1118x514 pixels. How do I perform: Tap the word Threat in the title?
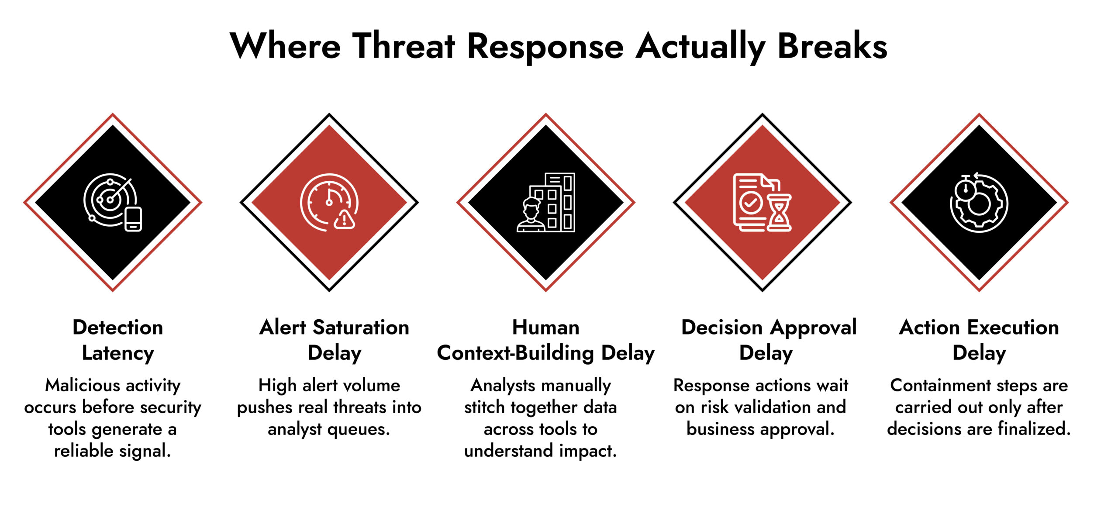(404, 46)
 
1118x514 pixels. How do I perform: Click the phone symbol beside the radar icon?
(133, 219)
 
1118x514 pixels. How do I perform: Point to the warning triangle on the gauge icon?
(345, 219)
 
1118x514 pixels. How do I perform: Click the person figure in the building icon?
(531, 215)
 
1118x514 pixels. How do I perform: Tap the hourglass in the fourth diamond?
(779, 213)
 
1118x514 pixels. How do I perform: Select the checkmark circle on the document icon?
(751, 202)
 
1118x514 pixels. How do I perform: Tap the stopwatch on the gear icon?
(966, 189)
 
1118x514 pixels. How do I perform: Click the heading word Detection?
(118, 328)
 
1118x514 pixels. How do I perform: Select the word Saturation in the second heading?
(361, 328)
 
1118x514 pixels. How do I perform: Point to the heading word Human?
(545, 328)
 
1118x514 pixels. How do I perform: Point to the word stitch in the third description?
(485, 407)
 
